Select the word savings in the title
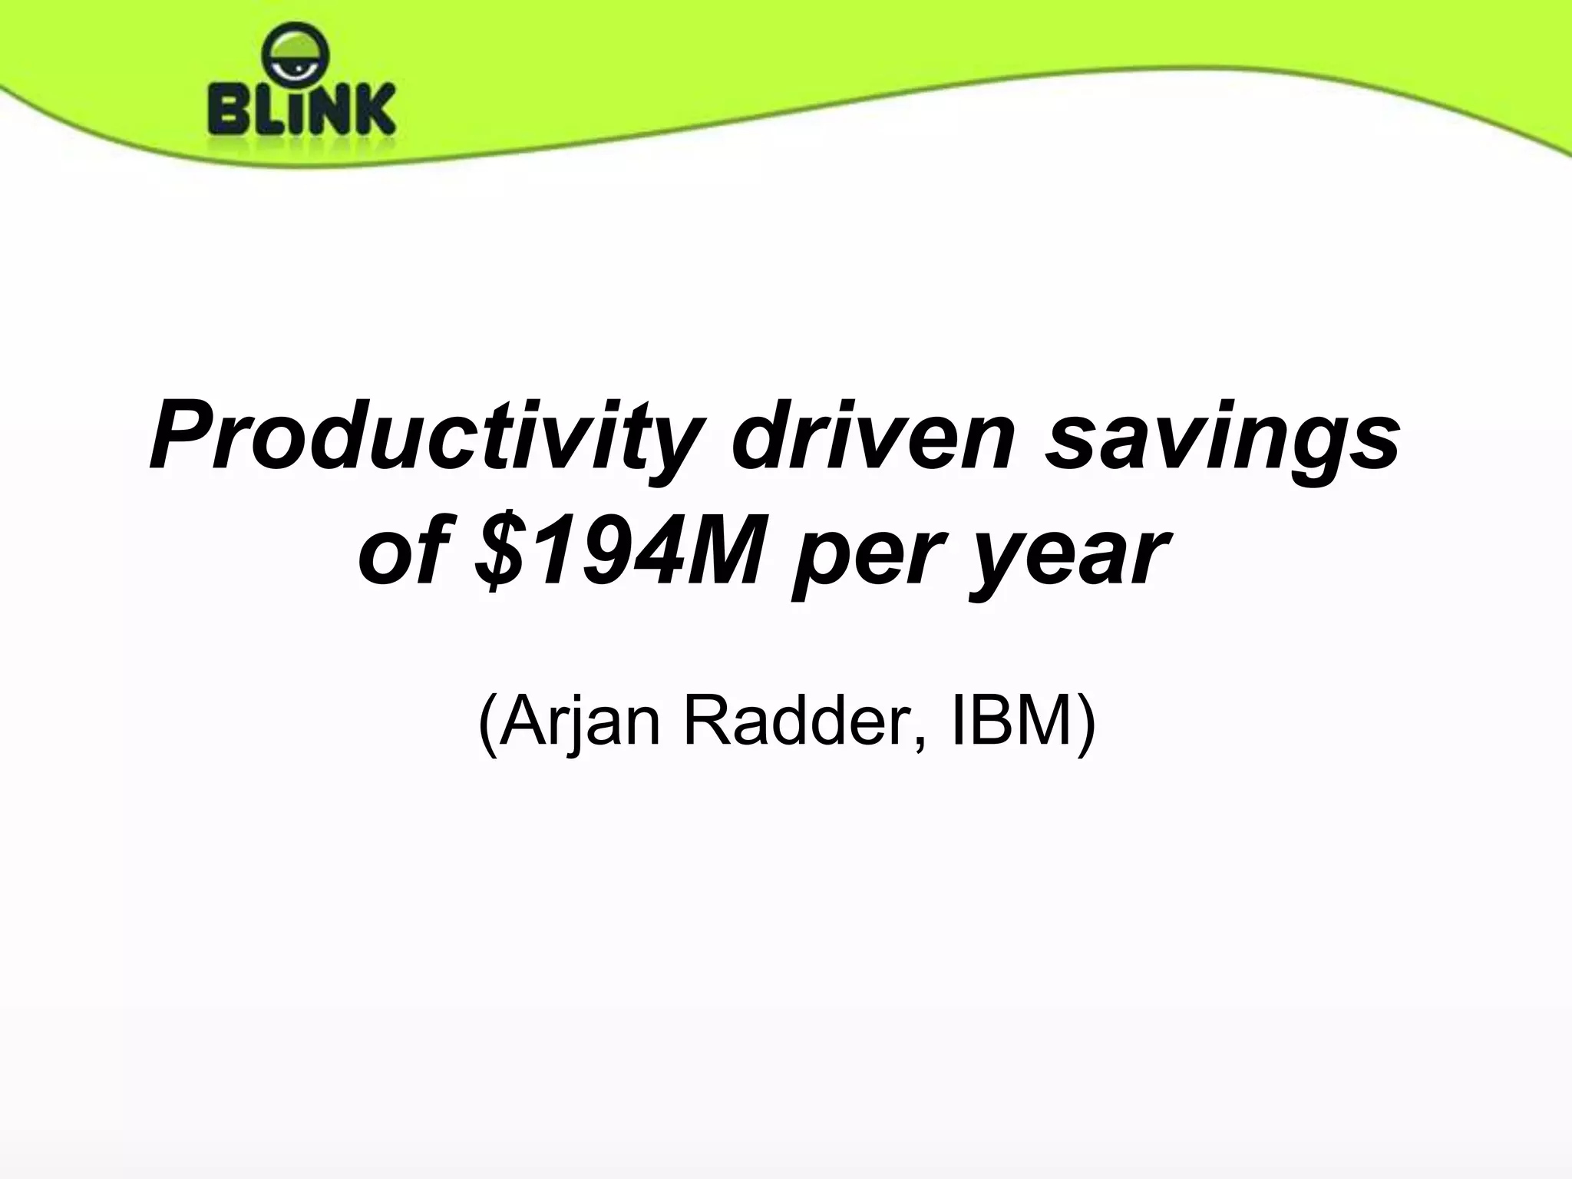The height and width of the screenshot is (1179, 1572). pyautogui.click(x=1220, y=445)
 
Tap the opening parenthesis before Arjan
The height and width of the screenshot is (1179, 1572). pyautogui.click(x=487, y=723)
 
